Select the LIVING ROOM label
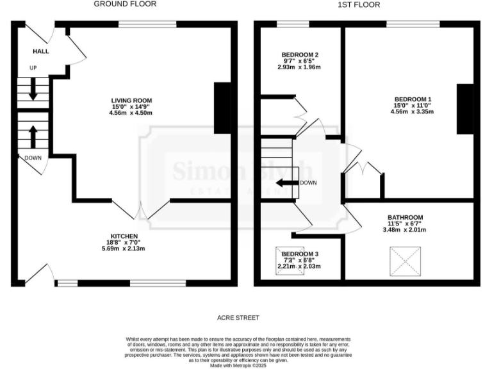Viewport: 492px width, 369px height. [x=131, y=100]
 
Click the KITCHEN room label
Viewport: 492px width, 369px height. [x=124, y=236]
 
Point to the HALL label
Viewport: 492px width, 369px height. [x=41, y=51]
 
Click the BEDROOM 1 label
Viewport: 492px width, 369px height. [x=413, y=99]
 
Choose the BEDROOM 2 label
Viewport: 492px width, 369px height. [x=299, y=54]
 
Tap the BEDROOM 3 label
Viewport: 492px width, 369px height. [x=299, y=254]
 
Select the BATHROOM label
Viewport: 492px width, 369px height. [x=405, y=217]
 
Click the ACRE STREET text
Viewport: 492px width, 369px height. [x=238, y=317]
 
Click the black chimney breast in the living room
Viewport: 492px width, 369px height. [x=222, y=108]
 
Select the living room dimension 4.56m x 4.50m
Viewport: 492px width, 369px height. [x=131, y=113]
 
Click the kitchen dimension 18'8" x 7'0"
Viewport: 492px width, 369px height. [x=124, y=242]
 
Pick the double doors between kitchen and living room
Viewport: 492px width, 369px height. [x=146, y=211]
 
